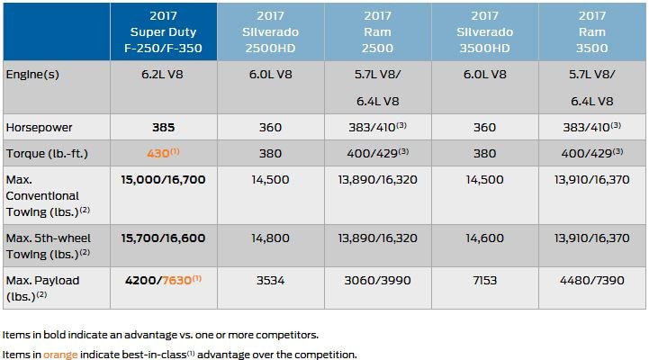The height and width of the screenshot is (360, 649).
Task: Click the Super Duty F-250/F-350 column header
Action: (164, 30)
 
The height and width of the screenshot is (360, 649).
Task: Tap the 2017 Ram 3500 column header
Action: (592, 30)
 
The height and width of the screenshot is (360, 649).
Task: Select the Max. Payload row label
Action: (42, 287)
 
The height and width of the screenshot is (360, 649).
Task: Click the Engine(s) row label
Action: (32, 74)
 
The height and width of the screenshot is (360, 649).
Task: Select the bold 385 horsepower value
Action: (163, 129)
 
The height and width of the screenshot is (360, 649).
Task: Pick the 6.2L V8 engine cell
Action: (163, 75)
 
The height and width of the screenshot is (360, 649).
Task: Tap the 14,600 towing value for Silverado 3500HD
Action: (486, 238)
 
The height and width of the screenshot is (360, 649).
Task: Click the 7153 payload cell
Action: (486, 281)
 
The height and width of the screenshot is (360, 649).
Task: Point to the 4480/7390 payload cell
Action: (592, 281)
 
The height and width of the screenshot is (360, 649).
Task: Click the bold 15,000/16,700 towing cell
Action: (163, 180)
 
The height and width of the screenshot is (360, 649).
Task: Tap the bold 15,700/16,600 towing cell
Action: (163, 238)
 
